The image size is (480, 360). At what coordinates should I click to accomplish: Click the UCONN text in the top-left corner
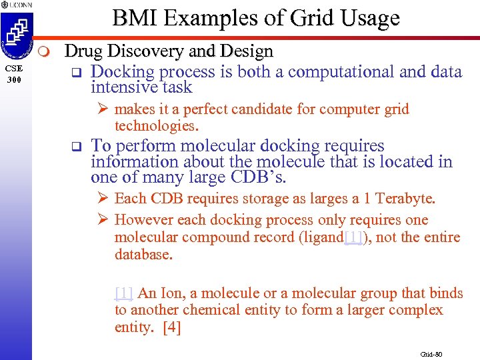coord(19,5)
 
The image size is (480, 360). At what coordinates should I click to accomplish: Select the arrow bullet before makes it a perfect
coord(105,109)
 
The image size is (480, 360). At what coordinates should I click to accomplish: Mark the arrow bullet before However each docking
coord(105,220)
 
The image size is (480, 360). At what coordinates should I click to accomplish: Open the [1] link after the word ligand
coord(353,237)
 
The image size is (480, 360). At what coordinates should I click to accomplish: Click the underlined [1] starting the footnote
coord(124,293)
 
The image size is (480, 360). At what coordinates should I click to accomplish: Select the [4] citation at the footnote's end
coord(171,327)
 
